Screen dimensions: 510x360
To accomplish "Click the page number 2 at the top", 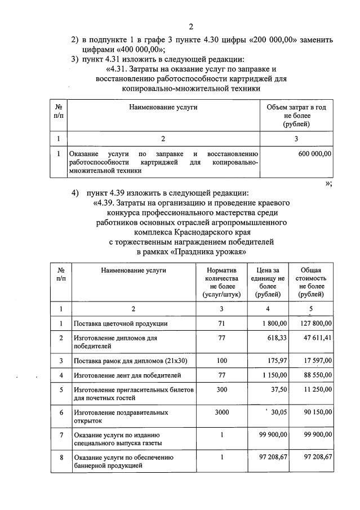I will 191,26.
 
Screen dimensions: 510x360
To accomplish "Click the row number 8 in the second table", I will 60,456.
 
